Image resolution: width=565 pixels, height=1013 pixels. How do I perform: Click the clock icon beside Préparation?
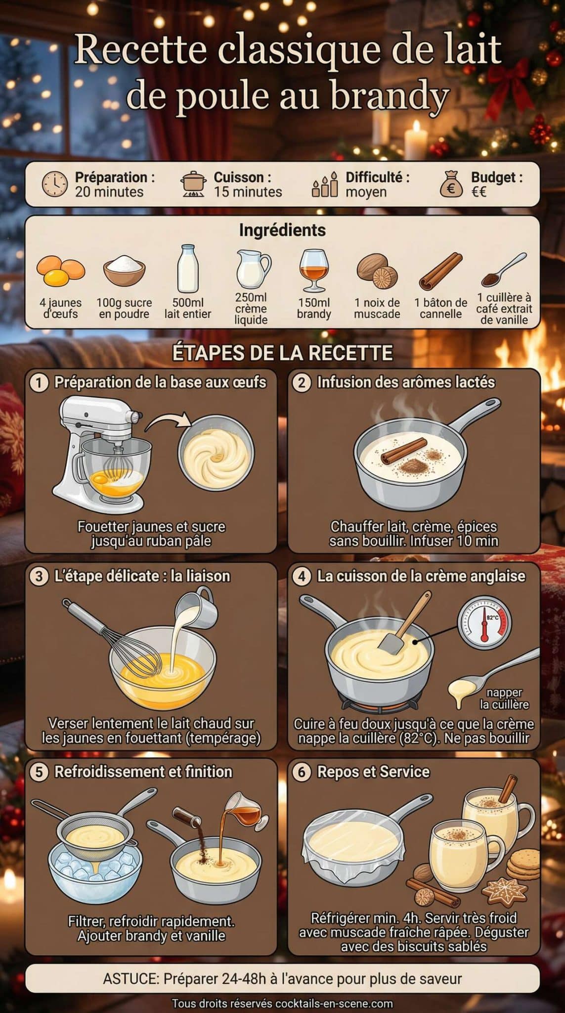point(54,184)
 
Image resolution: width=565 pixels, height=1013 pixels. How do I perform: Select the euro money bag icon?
point(451,184)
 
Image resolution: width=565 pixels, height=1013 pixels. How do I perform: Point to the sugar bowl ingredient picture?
point(124,271)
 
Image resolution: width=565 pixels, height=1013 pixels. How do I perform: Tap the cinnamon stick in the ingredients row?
point(440,271)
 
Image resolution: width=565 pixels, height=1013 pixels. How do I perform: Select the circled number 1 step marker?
point(39,382)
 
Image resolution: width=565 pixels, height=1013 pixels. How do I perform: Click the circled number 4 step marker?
point(302,576)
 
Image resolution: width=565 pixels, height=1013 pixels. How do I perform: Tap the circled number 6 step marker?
point(302,772)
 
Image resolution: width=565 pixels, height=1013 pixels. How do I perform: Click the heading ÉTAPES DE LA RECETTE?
point(282,353)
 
